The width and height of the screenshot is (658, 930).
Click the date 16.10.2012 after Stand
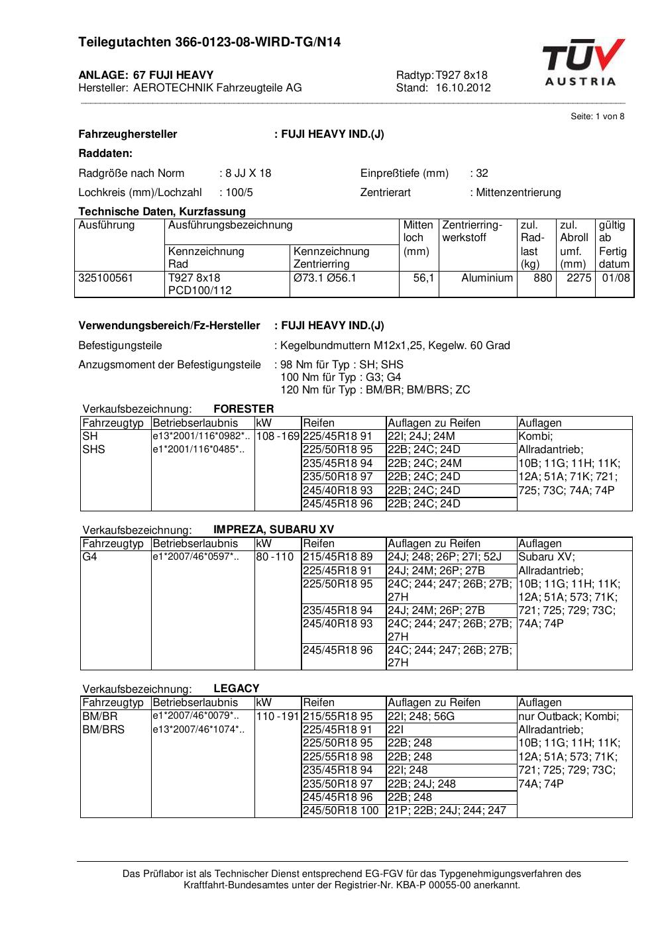coord(463,88)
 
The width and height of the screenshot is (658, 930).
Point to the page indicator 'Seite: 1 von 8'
coord(597,117)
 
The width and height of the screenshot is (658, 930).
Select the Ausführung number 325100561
coord(105,278)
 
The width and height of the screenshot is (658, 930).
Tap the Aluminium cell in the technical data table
coord(487,278)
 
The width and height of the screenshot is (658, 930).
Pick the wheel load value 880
coord(543,278)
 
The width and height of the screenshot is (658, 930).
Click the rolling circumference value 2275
coord(578,278)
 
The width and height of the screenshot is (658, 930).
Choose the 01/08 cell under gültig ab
coord(616,278)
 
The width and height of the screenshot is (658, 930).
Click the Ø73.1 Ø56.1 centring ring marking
coord(325,278)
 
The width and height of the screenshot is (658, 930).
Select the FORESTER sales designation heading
coord(243,409)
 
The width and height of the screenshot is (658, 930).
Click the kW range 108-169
coord(278,437)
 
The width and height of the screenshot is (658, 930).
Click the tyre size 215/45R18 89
coord(337,557)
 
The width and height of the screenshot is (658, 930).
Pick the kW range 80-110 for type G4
coord(274,557)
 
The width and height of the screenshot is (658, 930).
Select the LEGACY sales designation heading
coord(236,688)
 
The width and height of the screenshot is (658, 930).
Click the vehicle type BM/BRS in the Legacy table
coord(103,730)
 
